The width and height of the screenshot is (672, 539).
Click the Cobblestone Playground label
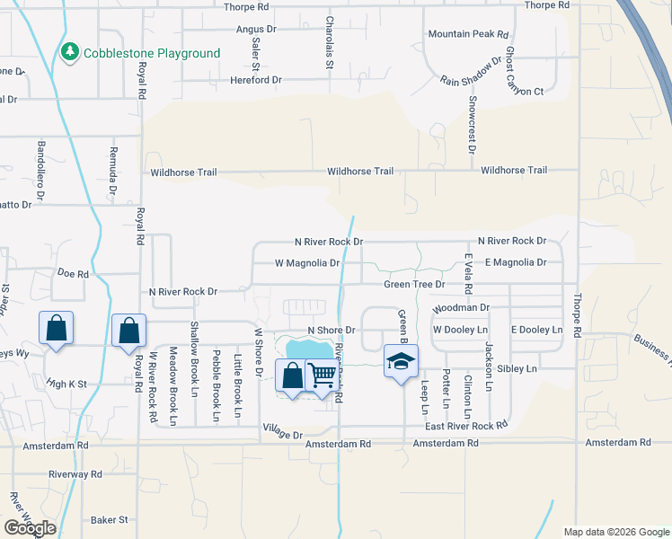(152, 53)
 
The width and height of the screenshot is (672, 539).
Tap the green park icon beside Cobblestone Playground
(70, 53)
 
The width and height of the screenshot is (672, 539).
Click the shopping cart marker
(322, 375)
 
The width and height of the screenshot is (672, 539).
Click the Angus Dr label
(256, 30)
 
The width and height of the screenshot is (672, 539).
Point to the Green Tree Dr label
(414, 285)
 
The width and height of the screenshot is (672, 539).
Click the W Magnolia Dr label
(307, 263)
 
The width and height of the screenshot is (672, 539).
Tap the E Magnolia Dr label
(516, 262)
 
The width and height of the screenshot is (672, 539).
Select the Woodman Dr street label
(460, 307)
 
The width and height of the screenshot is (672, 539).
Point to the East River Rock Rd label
(467, 426)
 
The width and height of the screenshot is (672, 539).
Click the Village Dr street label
(283, 434)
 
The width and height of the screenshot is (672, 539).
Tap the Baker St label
(110, 519)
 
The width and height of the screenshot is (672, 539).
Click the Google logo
(30, 528)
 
